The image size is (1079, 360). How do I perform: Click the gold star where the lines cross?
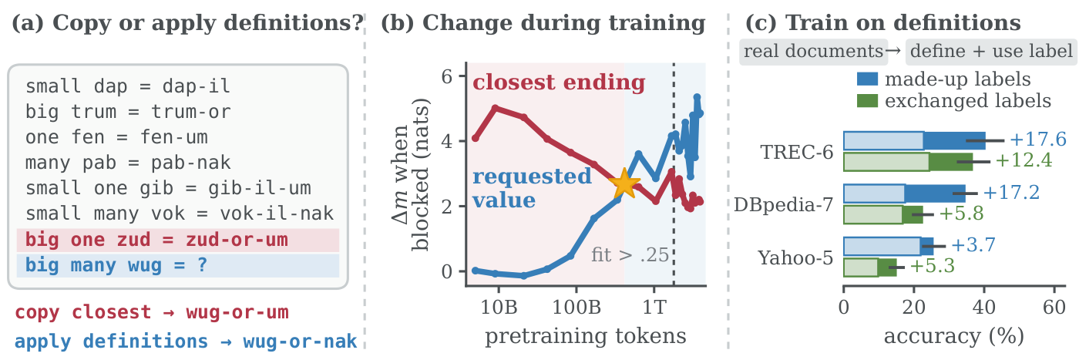624,183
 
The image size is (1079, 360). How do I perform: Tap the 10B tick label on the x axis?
499,307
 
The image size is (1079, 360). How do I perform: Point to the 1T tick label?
654,307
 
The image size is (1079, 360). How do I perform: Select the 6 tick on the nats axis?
447,76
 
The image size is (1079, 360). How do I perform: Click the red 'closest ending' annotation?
559,82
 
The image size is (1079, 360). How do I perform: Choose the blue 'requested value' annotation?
532,188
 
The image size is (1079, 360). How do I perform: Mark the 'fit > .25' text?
630,255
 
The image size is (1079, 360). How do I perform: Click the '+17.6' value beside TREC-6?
1038,140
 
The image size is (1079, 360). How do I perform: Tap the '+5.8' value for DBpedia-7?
962,213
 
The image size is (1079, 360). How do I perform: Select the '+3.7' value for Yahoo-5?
973,245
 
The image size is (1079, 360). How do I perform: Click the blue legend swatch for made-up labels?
867,79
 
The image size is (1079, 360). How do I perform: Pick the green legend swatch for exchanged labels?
867,101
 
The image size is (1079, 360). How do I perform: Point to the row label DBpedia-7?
783,205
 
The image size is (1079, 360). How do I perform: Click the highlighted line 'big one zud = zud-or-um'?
157,240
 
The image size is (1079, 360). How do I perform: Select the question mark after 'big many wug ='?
202,264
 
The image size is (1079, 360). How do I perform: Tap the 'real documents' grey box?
814,52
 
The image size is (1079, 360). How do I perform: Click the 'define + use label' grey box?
992,52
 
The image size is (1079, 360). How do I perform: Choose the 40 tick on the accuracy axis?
984,308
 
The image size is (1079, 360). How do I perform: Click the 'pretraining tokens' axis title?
585,336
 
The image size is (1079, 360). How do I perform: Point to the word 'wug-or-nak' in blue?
300,341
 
